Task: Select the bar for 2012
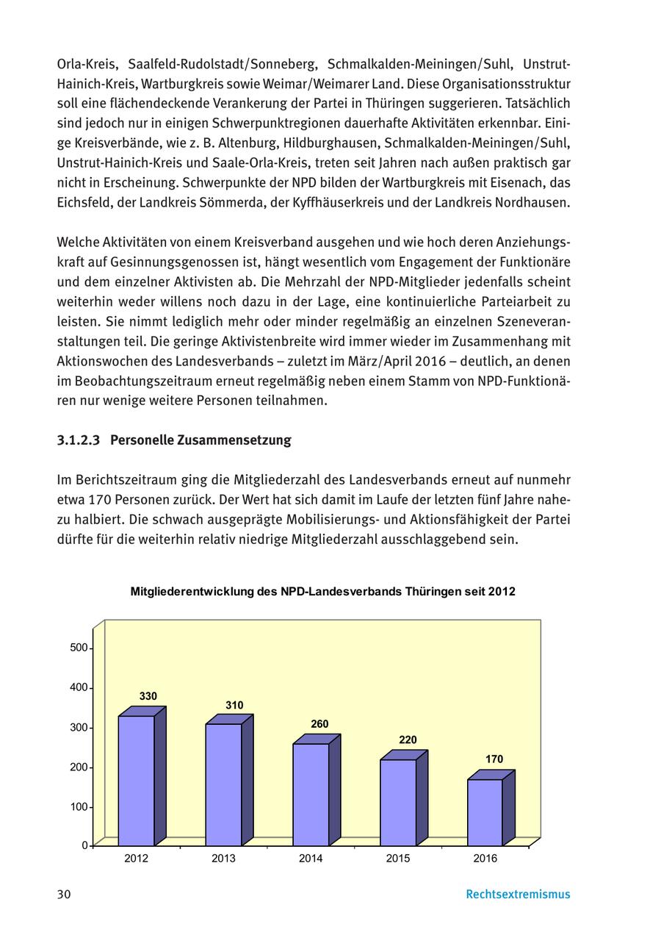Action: tap(137, 781)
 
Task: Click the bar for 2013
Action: tap(223, 784)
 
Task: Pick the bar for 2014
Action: tap(311, 795)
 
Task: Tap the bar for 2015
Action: tap(398, 802)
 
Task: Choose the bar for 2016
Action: tap(485, 812)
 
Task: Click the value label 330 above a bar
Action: tap(148, 696)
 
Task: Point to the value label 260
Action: tap(319, 724)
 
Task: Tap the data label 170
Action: tap(494, 759)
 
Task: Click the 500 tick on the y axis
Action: tap(79, 648)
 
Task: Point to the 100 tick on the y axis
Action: tap(79, 807)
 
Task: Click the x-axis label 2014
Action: tap(311, 859)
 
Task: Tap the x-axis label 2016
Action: tap(485, 859)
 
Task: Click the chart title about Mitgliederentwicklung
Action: tap(322, 592)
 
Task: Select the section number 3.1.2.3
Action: tap(78, 440)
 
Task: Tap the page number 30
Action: tap(64, 895)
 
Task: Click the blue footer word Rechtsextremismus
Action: tap(518, 895)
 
